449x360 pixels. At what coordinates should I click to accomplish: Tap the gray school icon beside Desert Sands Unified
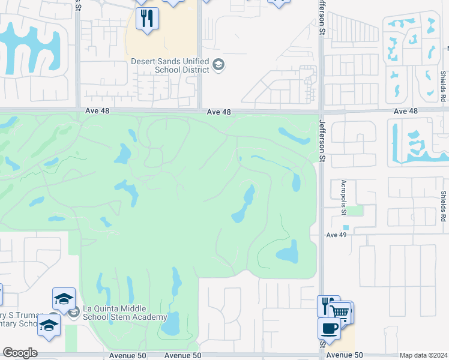click(218, 65)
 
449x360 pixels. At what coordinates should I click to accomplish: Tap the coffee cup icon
click(329, 329)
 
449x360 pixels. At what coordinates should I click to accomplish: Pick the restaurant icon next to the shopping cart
click(327, 305)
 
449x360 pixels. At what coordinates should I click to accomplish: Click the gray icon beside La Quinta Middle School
click(73, 313)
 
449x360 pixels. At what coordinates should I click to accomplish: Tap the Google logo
click(20, 353)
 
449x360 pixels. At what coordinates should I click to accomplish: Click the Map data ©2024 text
click(423, 355)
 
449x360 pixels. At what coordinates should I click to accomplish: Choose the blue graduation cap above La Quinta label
click(64, 299)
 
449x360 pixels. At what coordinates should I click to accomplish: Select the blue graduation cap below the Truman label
click(49, 326)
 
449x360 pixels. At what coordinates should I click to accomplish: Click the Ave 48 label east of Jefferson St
click(406, 112)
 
